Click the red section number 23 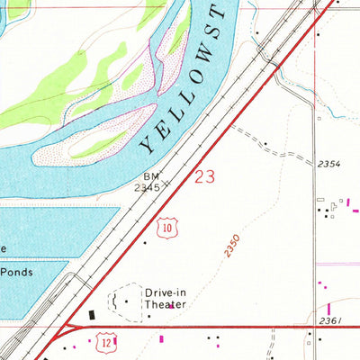point(204,176)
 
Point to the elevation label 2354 point(328,164)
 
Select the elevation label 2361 point(331,319)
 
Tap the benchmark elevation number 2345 point(147,189)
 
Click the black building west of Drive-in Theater point(91,314)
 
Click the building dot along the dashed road point(265,142)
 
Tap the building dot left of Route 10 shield point(145,241)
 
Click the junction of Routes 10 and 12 point(68,326)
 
